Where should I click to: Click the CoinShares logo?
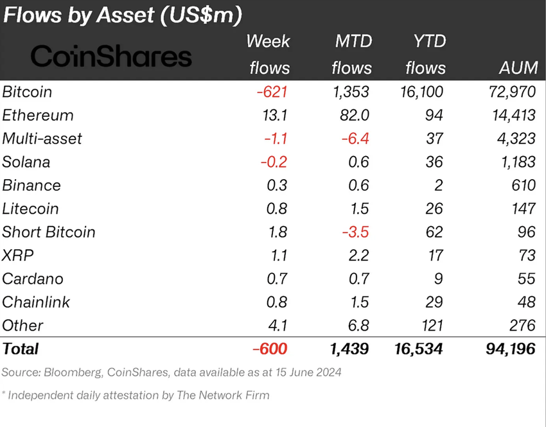coord(111,57)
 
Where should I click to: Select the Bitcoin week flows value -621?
coord(272,92)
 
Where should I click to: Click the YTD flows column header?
coord(425,55)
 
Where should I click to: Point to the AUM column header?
coord(517,67)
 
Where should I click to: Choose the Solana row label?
coord(26,162)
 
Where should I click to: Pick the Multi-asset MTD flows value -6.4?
coord(354,139)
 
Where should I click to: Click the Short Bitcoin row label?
coord(49,232)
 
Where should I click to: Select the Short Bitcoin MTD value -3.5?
coord(354,232)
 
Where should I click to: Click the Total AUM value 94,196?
coord(507,349)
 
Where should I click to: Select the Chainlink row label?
coord(37,302)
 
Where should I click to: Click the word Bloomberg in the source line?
coord(67,372)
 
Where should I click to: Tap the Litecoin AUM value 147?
coord(522,209)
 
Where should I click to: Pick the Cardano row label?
coord(33,279)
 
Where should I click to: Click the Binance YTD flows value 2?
coord(439,186)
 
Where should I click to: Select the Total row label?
coord(21,349)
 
